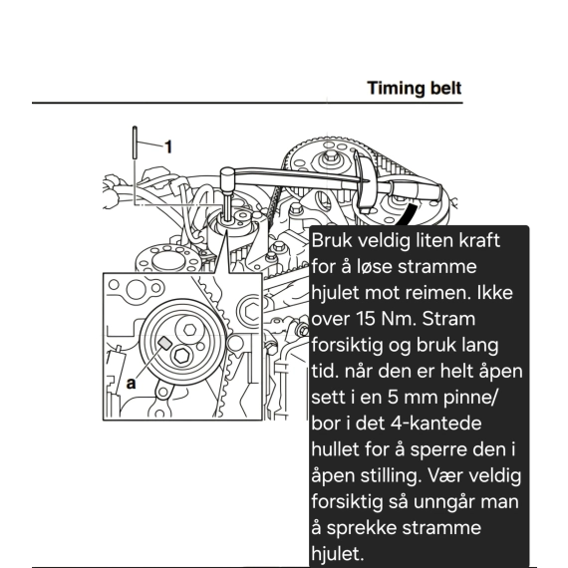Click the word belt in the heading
(x=445, y=88)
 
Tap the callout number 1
(x=168, y=147)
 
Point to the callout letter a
(x=132, y=384)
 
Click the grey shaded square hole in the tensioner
(x=164, y=343)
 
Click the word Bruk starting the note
(x=332, y=240)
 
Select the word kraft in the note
(x=479, y=240)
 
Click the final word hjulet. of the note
(x=337, y=553)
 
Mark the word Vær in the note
(x=444, y=475)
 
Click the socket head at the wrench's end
(x=227, y=174)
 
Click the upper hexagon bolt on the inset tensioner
(x=189, y=329)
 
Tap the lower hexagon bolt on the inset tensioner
(x=180, y=356)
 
